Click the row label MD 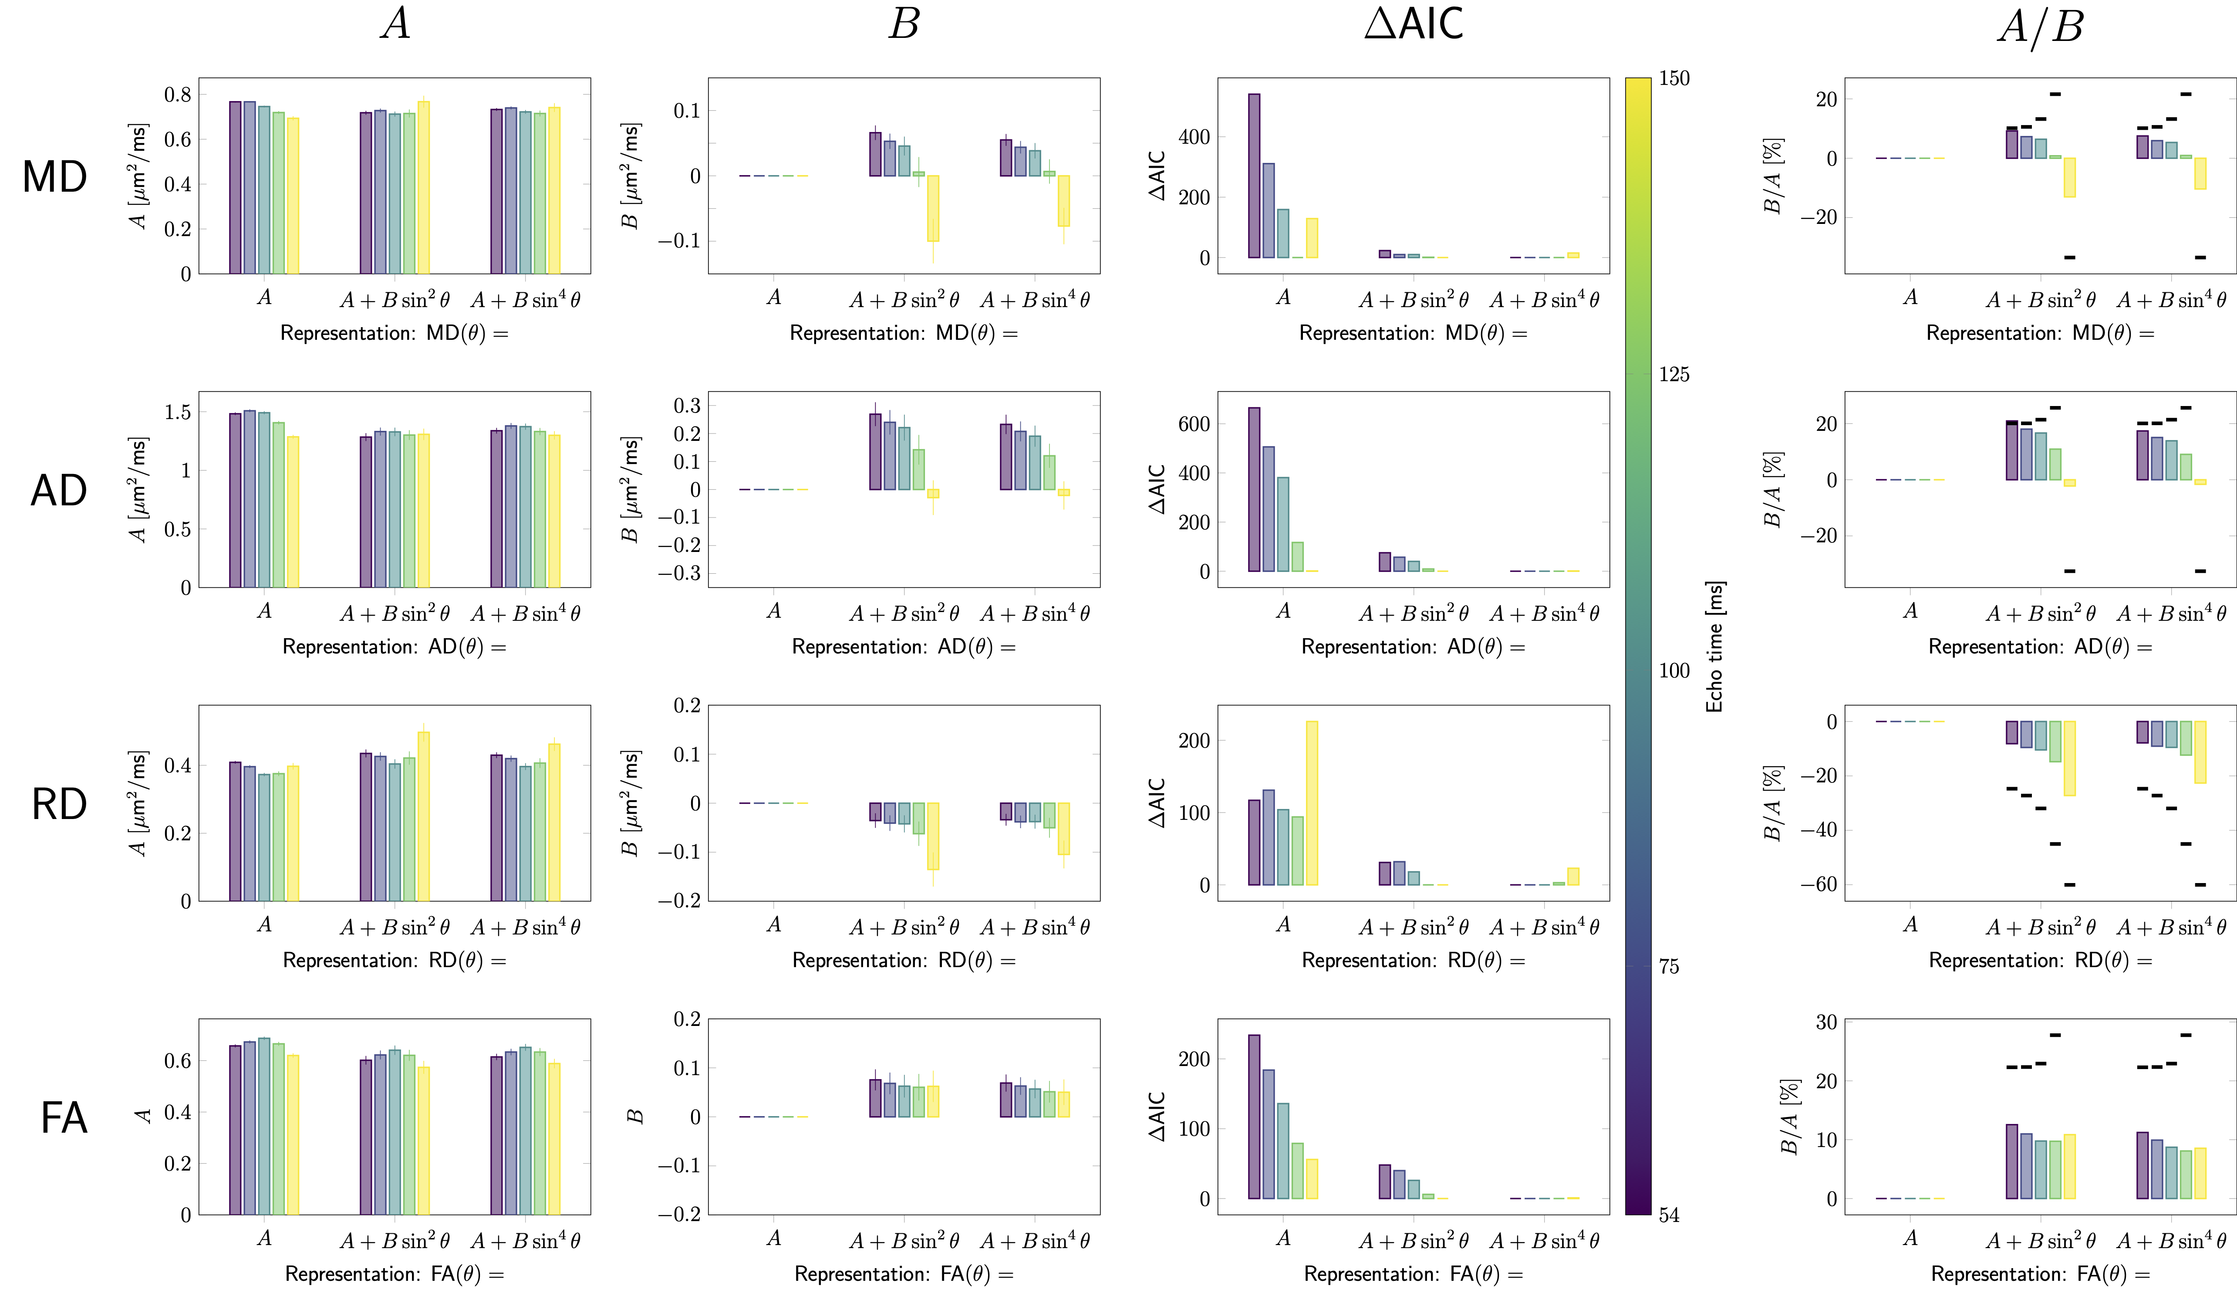pyautogui.click(x=55, y=177)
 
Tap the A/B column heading pyautogui.click(x=2040, y=27)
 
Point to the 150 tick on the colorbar pyautogui.click(x=1674, y=78)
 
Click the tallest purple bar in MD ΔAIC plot pyautogui.click(x=1254, y=176)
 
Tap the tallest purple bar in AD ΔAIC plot pyautogui.click(x=1254, y=489)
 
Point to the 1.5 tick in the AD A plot pyautogui.click(x=178, y=412)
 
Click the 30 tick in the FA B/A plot pyautogui.click(x=1826, y=1022)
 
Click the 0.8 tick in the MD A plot pyautogui.click(x=178, y=94)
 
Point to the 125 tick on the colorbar pyautogui.click(x=1674, y=374)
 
